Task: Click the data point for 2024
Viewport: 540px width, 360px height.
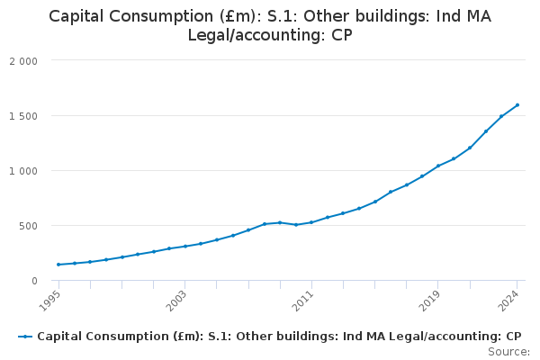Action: [x=517, y=105]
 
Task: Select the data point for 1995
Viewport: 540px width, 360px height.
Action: [x=58, y=265]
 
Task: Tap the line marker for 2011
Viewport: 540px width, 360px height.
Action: [x=311, y=222]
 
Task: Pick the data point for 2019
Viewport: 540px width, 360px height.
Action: [x=438, y=166]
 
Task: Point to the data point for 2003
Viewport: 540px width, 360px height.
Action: [x=185, y=246]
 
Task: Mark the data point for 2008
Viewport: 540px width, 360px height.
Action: [x=265, y=224]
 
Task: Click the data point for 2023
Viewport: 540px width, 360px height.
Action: [x=501, y=116]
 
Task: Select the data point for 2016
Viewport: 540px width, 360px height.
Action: [x=391, y=192]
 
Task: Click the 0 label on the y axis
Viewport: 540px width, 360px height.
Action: [x=33, y=281]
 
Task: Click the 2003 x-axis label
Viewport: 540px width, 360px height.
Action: [x=177, y=298]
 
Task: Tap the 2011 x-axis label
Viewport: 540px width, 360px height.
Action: [x=304, y=298]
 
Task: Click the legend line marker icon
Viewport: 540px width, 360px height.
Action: [x=25, y=337]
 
